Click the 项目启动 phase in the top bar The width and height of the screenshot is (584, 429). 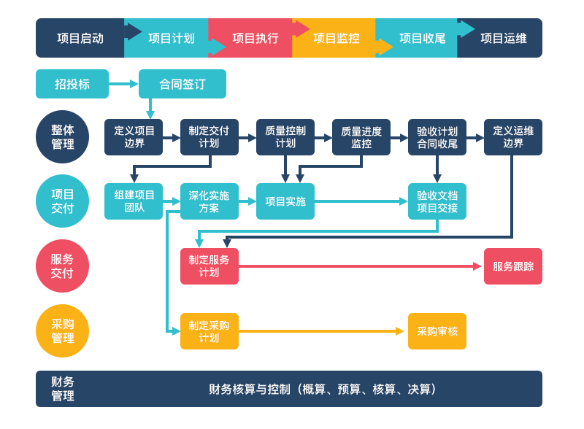[80, 38]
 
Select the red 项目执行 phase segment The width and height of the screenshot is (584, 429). [255, 38]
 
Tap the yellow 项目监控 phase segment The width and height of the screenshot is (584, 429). [336, 38]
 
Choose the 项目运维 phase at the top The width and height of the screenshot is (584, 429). [503, 38]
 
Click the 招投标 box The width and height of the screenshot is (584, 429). [72, 84]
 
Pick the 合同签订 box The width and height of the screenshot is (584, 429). [182, 84]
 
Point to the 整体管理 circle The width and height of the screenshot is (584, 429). [62, 136]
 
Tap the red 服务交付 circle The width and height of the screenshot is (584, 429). [62, 266]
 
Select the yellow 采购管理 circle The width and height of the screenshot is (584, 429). [62, 331]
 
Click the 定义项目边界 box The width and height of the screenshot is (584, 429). [134, 137]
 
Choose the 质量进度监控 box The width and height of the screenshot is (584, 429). [361, 137]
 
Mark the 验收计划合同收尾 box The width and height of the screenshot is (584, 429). [437, 137]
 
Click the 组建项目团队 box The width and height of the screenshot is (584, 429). [134, 201]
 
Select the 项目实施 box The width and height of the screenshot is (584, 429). [285, 201]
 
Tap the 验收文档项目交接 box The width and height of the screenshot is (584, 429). [437, 201]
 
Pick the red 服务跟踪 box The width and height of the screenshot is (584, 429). [513, 266]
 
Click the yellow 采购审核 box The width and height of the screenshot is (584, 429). [437, 331]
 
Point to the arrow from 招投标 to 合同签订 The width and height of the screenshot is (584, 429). [123, 84]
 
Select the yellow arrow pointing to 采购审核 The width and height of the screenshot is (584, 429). [321, 331]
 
